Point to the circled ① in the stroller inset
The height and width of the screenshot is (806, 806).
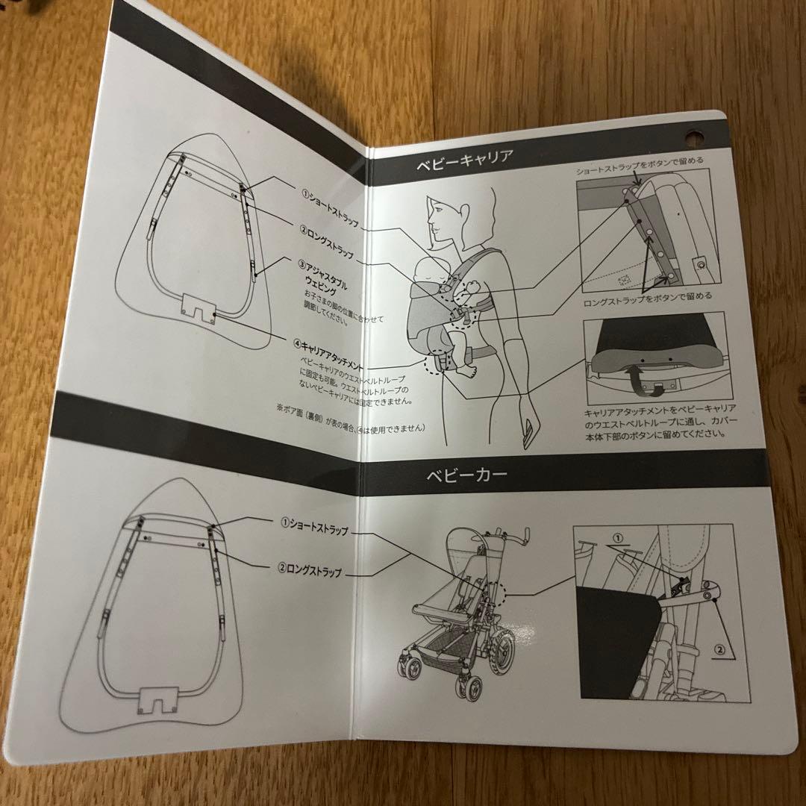click(x=616, y=537)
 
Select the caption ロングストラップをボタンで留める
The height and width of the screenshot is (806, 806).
click(x=647, y=296)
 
